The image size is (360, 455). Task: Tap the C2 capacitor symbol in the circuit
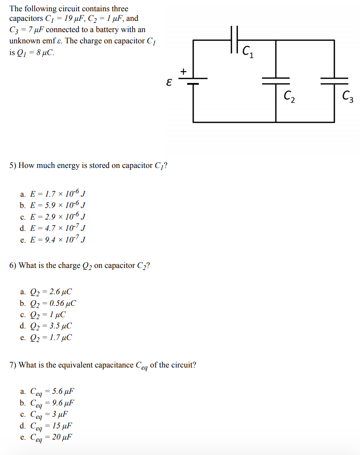[276, 80]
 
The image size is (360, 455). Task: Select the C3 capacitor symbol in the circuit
[334, 80]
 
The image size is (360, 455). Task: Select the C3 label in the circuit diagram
[347, 97]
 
